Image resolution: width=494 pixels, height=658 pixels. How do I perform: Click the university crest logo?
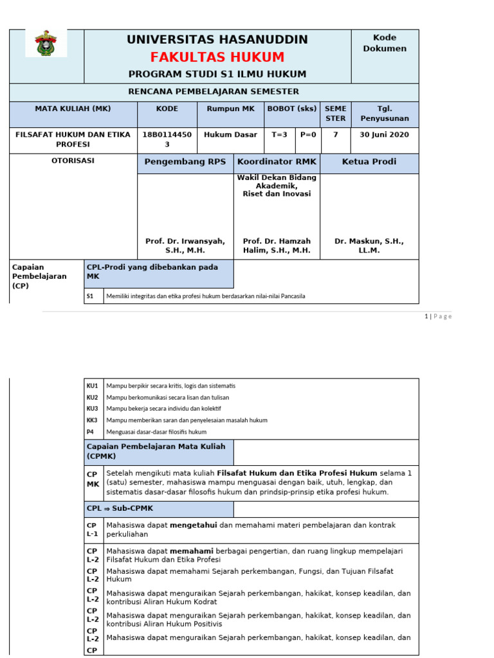click(x=46, y=43)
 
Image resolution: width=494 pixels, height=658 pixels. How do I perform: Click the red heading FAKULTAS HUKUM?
click(x=217, y=57)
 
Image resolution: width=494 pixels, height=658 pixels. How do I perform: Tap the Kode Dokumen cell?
click(x=385, y=43)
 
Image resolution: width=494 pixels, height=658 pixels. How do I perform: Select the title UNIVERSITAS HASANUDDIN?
click(x=217, y=39)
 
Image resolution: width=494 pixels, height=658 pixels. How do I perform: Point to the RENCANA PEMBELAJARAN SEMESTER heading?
click(x=214, y=91)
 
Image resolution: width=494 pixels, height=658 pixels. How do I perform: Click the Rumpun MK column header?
click(x=230, y=109)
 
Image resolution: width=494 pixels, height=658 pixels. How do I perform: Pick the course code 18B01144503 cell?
click(x=167, y=139)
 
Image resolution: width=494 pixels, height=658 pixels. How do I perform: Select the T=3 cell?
click(x=280, y=135)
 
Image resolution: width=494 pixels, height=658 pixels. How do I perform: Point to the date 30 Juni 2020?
click(x=385, y=135)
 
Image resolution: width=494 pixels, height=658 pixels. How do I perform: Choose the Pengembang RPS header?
click(x=185, y=162)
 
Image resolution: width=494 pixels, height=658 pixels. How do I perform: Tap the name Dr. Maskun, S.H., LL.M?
click(x=369, y=245)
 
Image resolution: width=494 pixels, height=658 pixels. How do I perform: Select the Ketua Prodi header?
click(x=369, y=162)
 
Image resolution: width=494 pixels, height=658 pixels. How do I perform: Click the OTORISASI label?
click(x=73, y=161)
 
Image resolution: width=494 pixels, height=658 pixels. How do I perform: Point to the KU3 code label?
click(x=93, y=409)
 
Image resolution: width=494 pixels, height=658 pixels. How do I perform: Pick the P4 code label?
click(x=90, y=432)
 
